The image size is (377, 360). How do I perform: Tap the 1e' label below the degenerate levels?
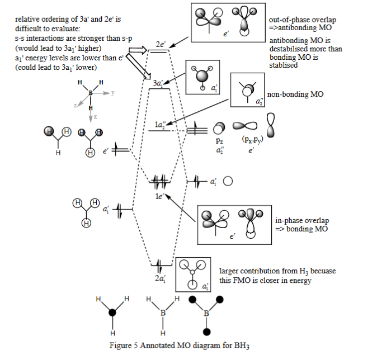[159, 196]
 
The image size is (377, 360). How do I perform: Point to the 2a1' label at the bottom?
[160, 277]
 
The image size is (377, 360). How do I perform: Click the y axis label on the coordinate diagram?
[112, 93]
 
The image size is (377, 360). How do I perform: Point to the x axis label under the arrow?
[96, 117]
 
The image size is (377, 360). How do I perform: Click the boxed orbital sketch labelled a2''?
[247, 89]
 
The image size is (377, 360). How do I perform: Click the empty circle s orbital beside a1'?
[228, 181]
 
